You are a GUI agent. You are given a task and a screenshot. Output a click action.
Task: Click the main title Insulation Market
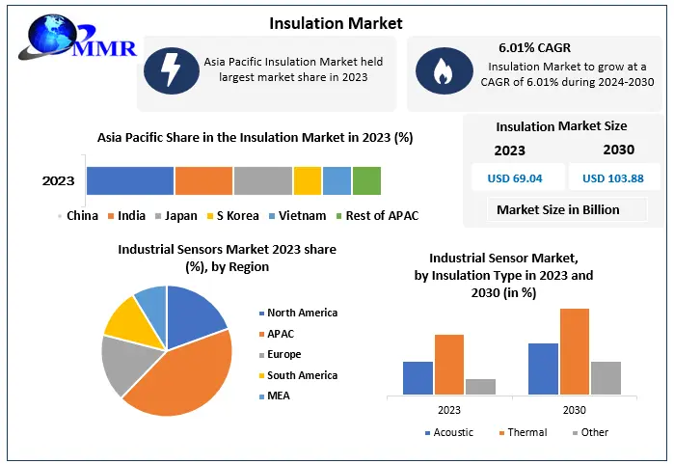[337, 22]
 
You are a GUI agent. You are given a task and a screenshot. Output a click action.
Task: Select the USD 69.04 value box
[516, 178]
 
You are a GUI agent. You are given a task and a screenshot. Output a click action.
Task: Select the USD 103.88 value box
[614, 178]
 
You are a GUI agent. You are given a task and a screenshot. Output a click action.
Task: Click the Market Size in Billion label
[558, 209]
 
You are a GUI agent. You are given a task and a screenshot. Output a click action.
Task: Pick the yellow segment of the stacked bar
[307, 180]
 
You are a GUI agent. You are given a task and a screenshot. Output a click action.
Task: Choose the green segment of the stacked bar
[366, 180]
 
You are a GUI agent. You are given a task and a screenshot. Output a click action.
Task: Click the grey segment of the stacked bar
[262, 180]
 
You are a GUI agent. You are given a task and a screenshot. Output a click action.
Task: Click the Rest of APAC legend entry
[381, 215]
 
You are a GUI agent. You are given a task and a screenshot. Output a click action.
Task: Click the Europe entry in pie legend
[283, 354]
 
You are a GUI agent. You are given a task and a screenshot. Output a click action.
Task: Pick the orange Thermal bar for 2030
[574, 351]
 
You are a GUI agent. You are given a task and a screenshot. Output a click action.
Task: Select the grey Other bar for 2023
[480, 386]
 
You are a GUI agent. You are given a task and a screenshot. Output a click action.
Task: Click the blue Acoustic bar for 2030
[543, 368]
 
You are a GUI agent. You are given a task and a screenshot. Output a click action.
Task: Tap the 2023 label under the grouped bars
[448, 410]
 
